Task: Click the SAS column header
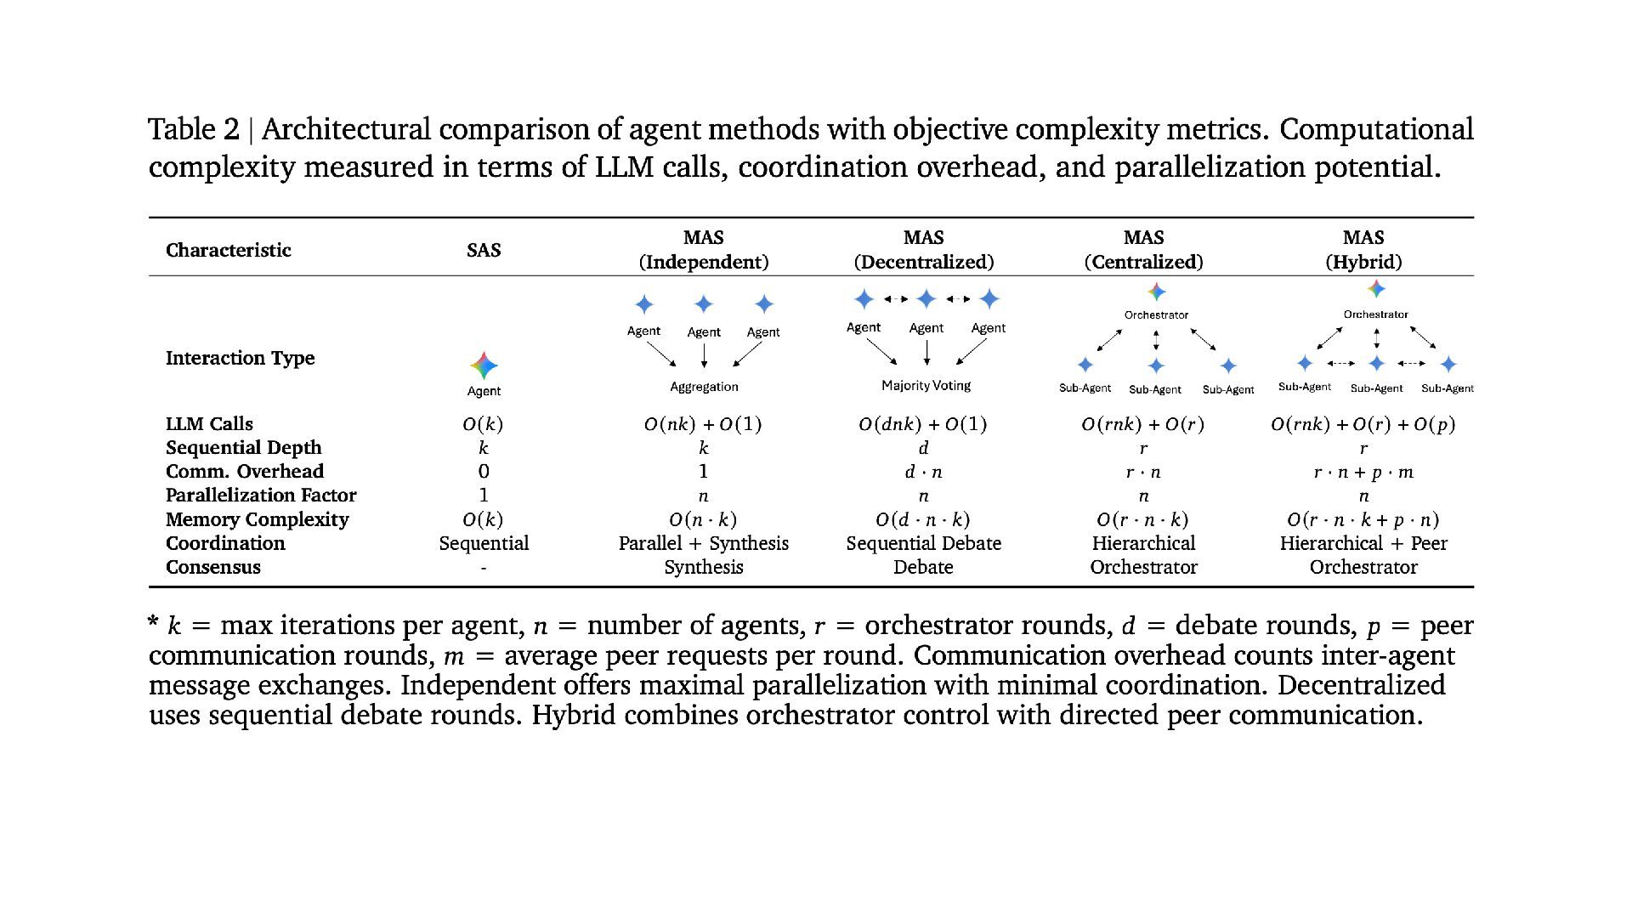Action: coord(484,250)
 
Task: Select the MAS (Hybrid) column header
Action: coord(1363,250)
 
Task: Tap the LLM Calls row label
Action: coord(209,424)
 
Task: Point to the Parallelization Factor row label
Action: coord(261,496)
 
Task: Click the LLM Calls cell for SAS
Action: coord(483,424)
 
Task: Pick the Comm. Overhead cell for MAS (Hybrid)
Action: coord(1363,472)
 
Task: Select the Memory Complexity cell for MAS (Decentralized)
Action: coord(923,519)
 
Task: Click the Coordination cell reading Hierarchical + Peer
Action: coord(1363,543)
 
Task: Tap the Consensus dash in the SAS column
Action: coord(484,568)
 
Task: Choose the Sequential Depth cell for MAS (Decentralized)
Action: coord(923,448)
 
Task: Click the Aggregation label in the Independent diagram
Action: coord(704,387)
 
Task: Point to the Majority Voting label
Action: coord(926,386)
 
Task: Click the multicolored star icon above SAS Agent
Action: coord(484,365)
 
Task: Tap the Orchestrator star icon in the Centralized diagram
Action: coord(1156,292)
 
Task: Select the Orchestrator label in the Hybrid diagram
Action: coord(1375,314)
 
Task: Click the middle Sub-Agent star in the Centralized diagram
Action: coord(1156,365)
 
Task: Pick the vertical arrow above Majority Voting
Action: coord(926,352)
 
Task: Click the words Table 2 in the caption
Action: coord(194,129)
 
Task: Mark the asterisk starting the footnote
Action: coord(153,623)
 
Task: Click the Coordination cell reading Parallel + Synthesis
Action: coord(704,543)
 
